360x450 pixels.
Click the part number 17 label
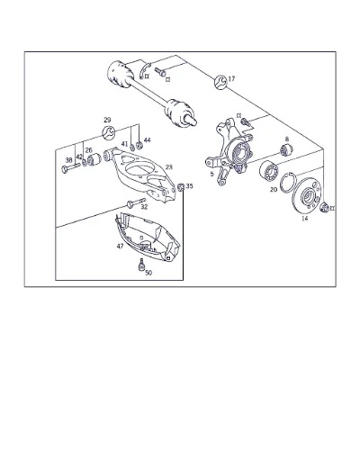[231, 79]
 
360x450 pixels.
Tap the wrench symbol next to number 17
[220, 82]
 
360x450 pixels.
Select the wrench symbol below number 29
[108, 133]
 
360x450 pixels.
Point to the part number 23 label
[169, 167]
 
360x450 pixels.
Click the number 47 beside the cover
[120, 247]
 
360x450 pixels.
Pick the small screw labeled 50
[140, 265]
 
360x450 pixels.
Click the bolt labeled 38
[70, 168]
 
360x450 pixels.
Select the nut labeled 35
[181, 187]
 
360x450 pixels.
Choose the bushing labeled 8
[286, 149]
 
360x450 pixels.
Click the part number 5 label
[211, 174]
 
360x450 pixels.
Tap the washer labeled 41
[132, 147]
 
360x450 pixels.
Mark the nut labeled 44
[139, 146]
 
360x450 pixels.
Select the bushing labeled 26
[94, 159]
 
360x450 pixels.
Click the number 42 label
[79, 157]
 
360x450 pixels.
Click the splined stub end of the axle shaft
[191, 120]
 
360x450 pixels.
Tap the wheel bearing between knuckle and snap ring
[269, 171]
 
